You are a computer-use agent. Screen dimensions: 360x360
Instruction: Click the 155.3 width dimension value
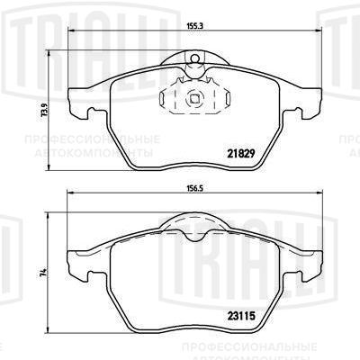[x=195, y=26]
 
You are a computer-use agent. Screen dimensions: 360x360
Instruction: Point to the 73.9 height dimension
[x=46, y=112]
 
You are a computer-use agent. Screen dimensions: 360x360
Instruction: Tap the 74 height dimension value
[x=45, y=272]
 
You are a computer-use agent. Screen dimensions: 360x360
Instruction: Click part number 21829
[x=241, y=154]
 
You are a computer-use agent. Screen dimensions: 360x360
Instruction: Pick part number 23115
[x=241, y=316]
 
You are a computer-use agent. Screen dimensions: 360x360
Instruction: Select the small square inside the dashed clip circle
[x=195, y=98]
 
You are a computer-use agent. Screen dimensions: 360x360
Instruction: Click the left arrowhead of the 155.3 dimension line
[x=71, y=31]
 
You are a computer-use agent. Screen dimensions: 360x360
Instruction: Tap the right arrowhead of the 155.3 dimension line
[x=319, y=31]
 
